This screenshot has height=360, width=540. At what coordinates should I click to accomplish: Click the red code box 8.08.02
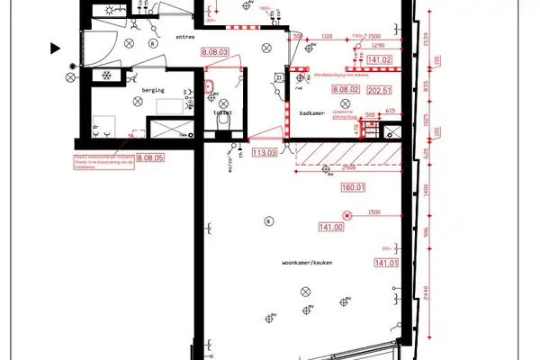346,89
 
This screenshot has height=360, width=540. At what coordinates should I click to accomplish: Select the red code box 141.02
381,59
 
